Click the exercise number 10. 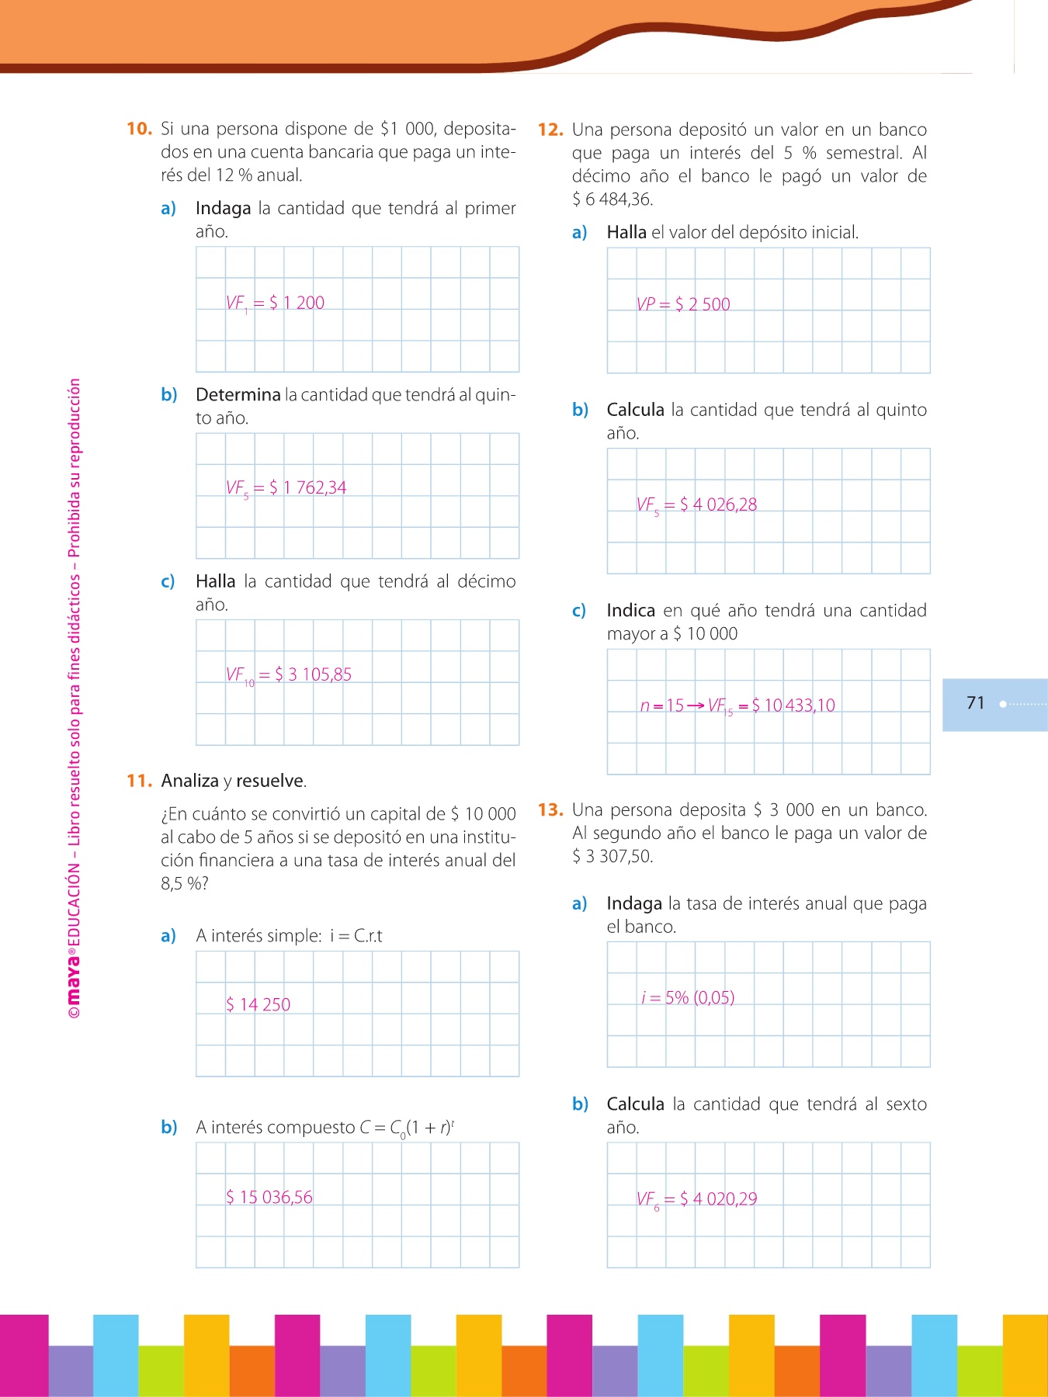[x=139, y=129]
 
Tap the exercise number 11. [x=139, y=781]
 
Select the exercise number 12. [x=550, y=130]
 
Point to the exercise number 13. [x=550, y=810]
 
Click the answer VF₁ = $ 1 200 [x=275, y=303]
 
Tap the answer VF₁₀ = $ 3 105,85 [x=288, y=675]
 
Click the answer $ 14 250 [x=258, y=1005]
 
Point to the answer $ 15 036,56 [x=269, y=1198]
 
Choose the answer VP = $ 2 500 [x=683, y=304]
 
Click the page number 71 [x=976, y=703]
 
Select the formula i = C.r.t [x=356, y=936]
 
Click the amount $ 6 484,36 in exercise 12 [x=612, y=199]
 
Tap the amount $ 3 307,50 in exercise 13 [x=612, y=857]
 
